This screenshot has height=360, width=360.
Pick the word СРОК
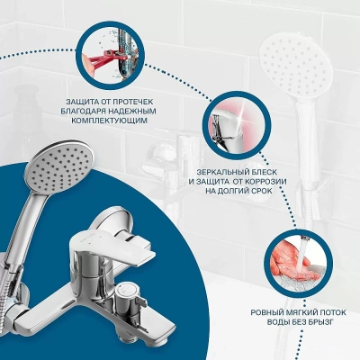pyautogui.click(x=261, y=191)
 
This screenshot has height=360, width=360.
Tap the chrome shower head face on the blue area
pyautogui.click(x=59, y=168)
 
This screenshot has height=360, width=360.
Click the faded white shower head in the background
pyautogui.click(x=295, y=67)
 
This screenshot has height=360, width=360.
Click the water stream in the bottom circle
pyautogui.click(x=300, y=252)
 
